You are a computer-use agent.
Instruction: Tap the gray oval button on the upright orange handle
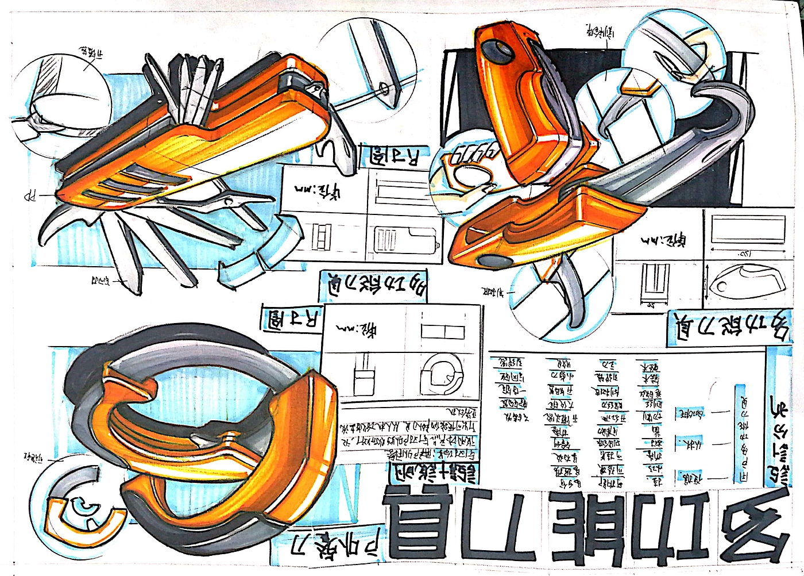(x=497, y=52)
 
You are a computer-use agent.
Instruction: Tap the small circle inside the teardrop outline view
(x=725, y=284)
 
